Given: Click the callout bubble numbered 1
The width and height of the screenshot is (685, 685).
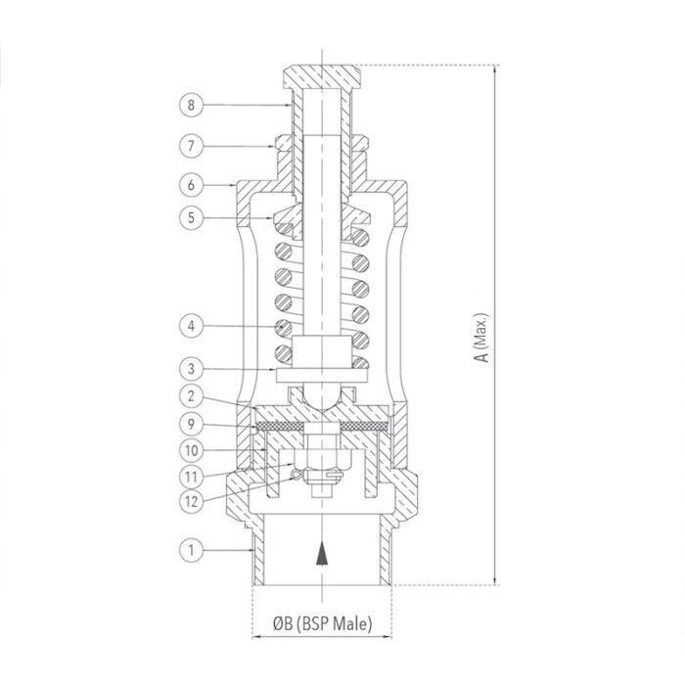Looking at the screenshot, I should pyautogui.click(x=192, y=551).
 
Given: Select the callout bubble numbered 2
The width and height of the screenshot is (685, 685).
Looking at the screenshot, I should pyautogui.click(x=192, y=397).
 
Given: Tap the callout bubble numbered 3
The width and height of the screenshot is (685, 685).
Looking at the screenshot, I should pyautogui.click(x=192, y=369).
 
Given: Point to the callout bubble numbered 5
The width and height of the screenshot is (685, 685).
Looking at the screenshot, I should pyautogui.click(x=192, y=219).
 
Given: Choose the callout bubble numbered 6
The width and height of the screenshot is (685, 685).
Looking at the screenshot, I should pyautogui.click(x=192, y=183).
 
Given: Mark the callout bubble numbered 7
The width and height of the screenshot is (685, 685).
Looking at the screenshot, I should pyautogui.click(x=192, y=145).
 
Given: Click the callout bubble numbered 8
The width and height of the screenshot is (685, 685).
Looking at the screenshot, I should pyautogui.click(x=192, y=104).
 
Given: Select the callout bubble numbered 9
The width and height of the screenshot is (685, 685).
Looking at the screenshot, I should pyautogui.click(x=192, y=425).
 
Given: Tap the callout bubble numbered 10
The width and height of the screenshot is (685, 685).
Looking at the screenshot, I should pyautogui.click(x=192, y=450).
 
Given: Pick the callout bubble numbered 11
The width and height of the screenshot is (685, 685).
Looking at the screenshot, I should pyautogui.click(x=192, y=478).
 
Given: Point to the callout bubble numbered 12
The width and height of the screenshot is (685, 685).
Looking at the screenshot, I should pyautogui.click(x=192, y=504).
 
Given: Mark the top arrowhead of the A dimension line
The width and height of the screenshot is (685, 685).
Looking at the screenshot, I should pyautogui.click(x=496, y=71).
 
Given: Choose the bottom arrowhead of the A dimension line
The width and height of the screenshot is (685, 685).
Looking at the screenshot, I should pyautogui.click(x=496, y=579).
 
